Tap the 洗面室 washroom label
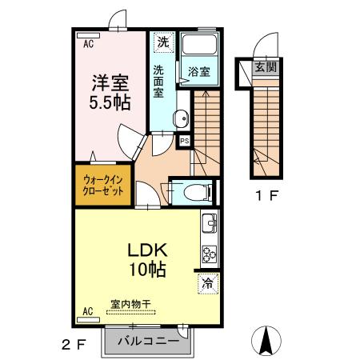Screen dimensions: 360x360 pyautogui.click(x=159, y=80)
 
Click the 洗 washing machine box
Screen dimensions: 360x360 pyautogui.click(x=162, y=42)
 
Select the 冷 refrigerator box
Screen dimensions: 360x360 pyautogui.click(x=207, y=282)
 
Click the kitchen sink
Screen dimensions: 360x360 pyautogui.click(x=209, y=224)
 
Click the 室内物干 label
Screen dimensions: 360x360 pyautogui.click(x=133, y=304)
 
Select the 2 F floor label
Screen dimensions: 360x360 pyautogui.click(x=74, y=345)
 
